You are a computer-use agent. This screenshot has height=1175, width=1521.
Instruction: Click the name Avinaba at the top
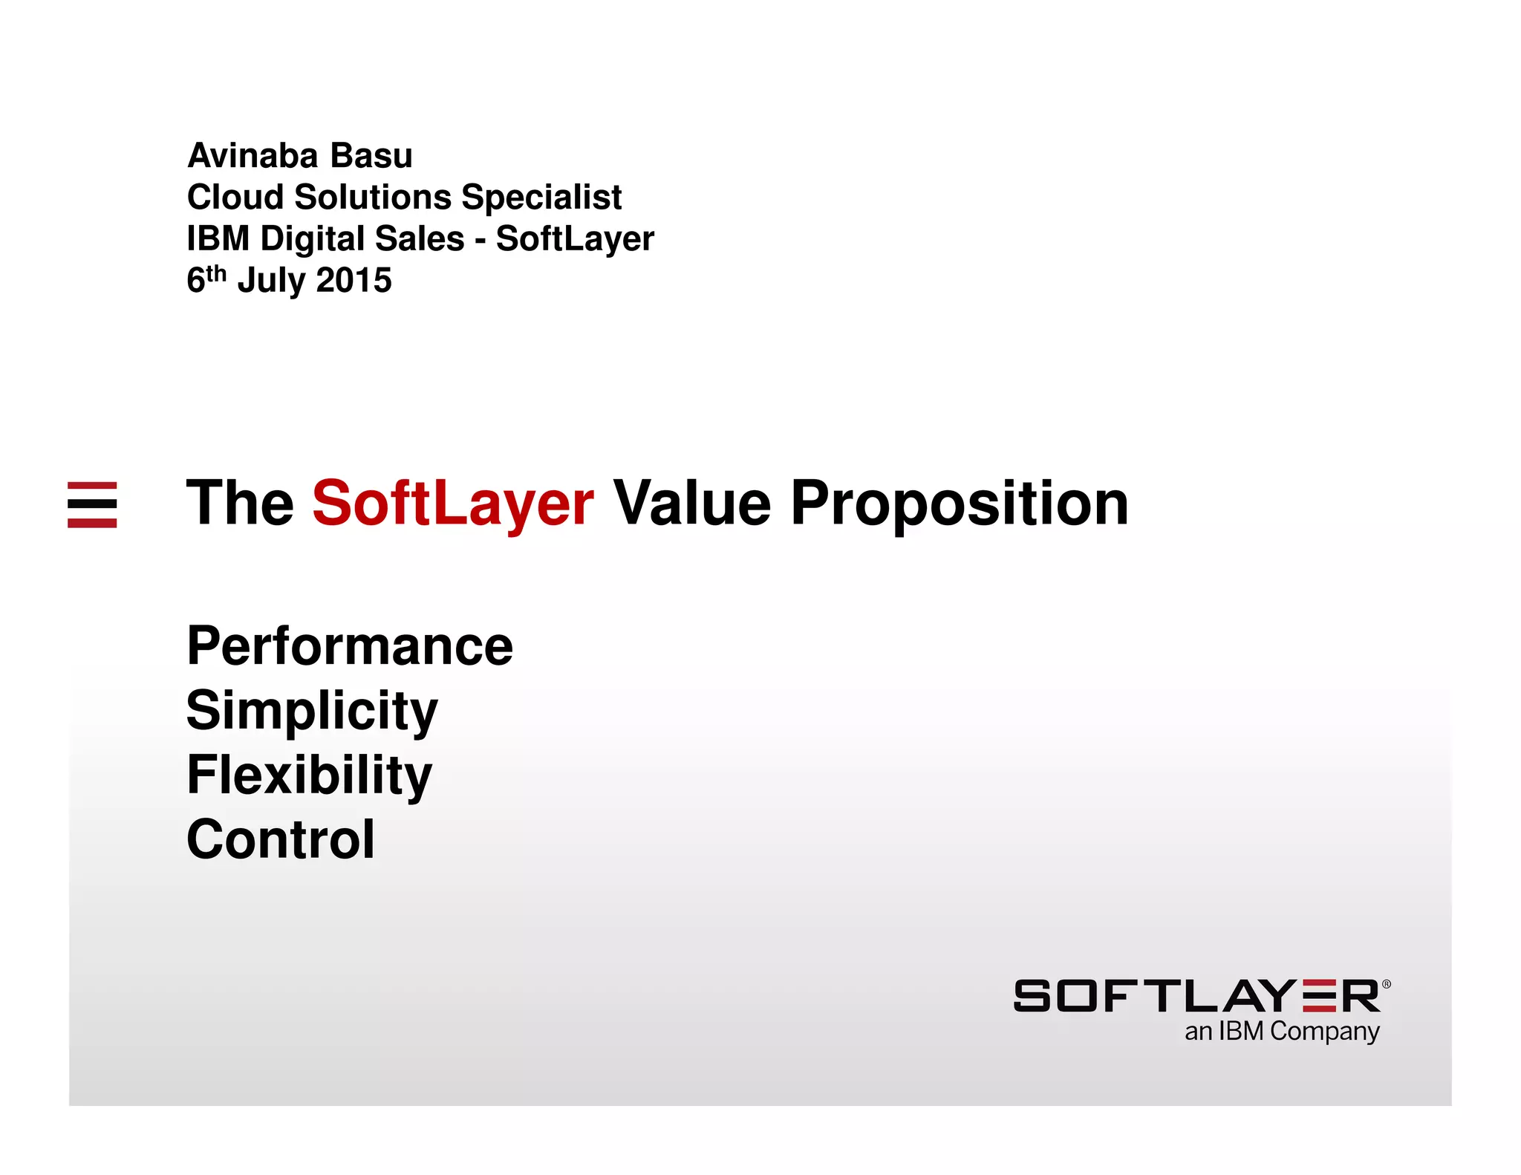point(253,156)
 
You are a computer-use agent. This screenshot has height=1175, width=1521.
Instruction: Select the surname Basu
point(371,156)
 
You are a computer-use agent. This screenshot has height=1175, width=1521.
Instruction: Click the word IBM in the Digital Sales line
point(218,239)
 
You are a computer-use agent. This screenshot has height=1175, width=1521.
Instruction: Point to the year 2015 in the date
point(354,281)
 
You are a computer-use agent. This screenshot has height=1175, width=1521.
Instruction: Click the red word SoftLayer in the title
point(452,504)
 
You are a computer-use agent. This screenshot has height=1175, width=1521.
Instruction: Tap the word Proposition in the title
point(959,504)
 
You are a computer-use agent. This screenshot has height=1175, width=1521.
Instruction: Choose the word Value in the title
point(691,504)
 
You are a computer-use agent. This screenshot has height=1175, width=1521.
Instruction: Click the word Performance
point(349,645)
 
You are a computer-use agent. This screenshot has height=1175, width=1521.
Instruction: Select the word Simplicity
point(311,711)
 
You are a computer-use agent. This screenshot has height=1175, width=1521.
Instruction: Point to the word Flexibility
point(308,775)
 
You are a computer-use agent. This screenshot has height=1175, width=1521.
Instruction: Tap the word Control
point(281,839)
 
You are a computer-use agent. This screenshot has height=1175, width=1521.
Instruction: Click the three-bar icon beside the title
point(92,504)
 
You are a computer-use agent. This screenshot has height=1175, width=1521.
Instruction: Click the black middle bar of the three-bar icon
point(92,504)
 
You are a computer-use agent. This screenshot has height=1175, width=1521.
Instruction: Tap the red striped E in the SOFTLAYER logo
point(1319,996)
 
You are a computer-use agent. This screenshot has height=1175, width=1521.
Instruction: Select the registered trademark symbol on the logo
point(1386,984)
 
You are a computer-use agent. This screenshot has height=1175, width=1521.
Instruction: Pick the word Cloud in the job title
point(235,198)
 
